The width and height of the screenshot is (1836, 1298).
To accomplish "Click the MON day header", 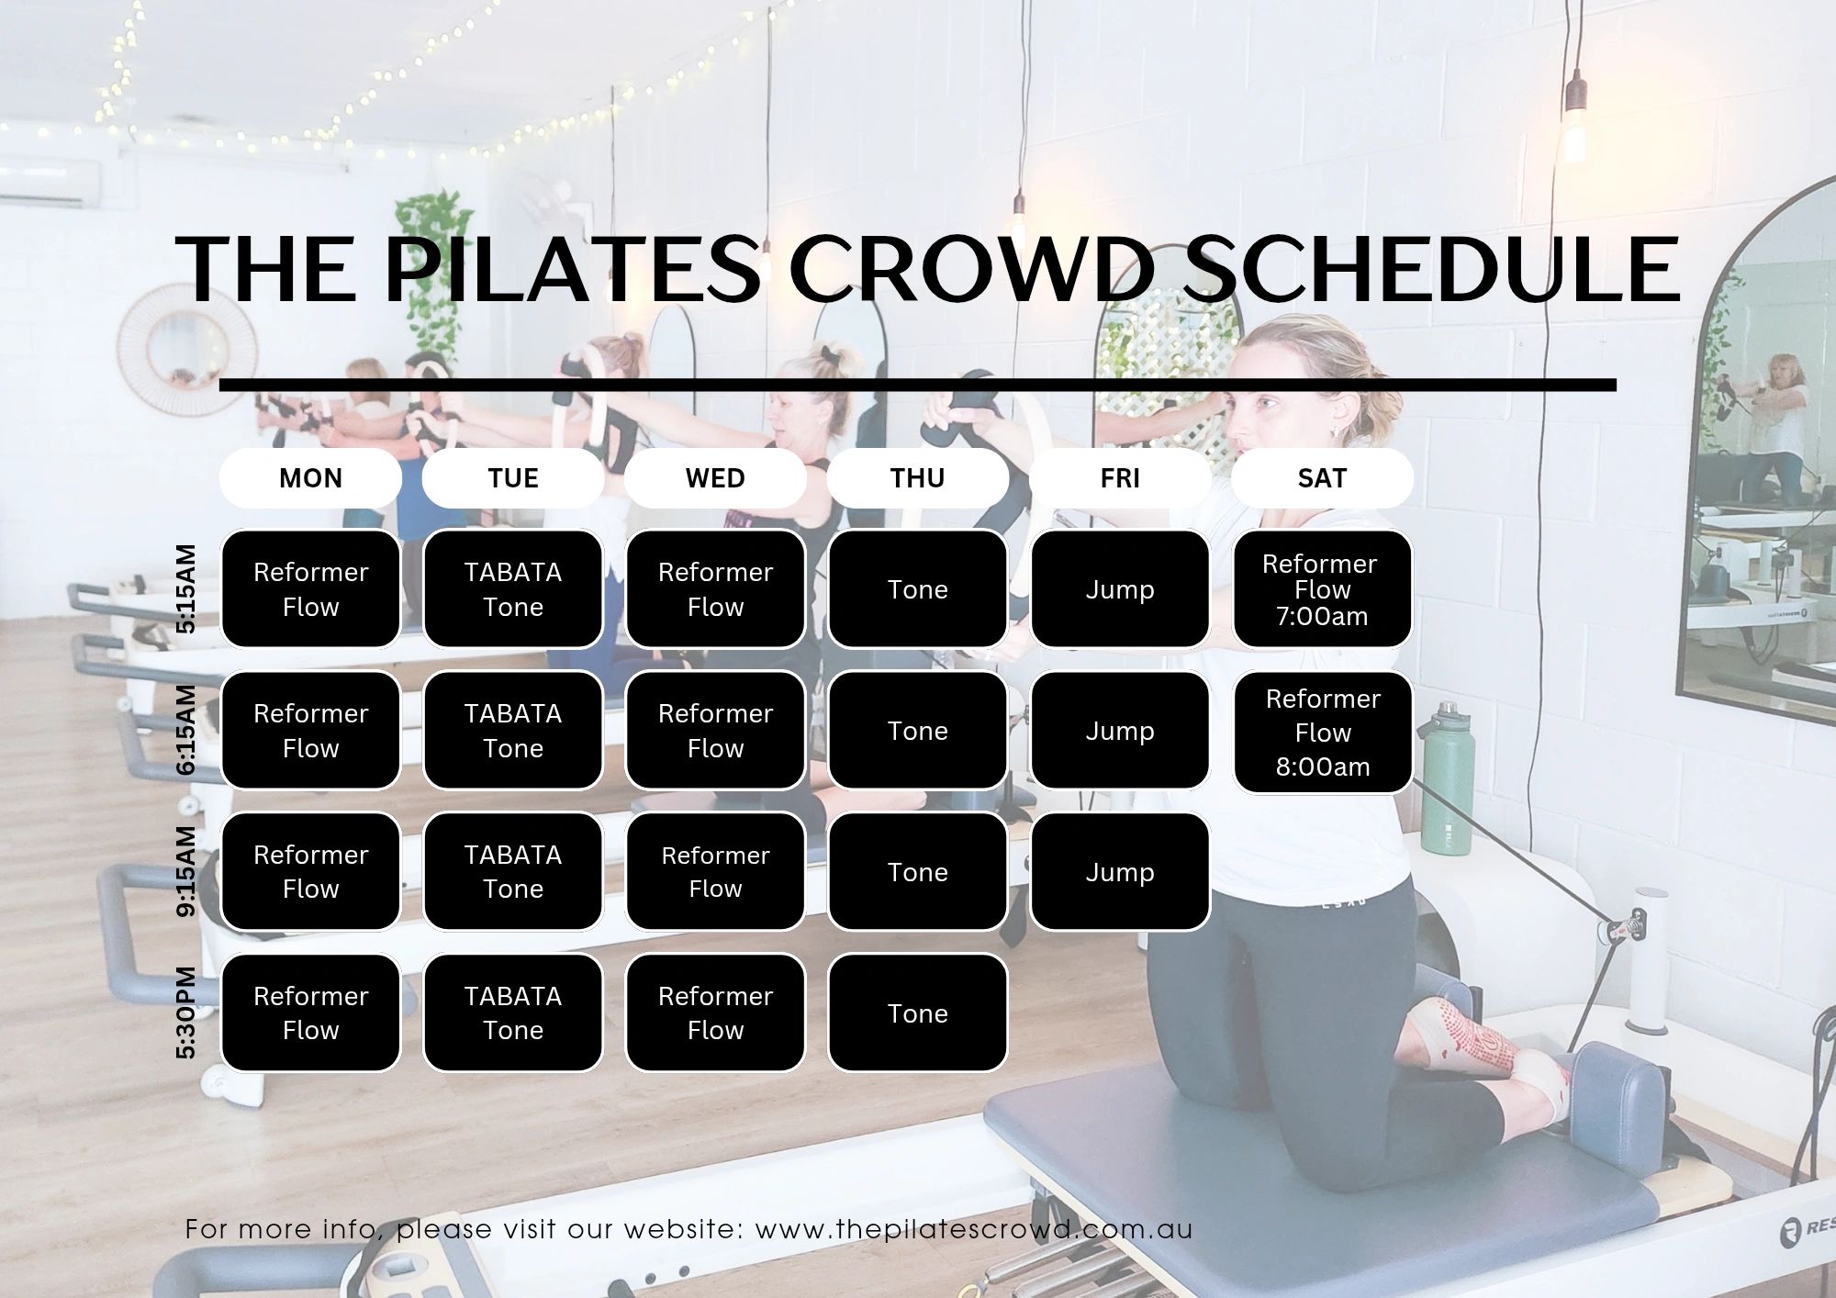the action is coord(310,478).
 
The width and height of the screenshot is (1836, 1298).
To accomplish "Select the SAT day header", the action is coord(1322,478).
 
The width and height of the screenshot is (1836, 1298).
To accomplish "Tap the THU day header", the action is coord(917,478).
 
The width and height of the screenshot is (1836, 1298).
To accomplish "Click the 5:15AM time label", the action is coord(186,588).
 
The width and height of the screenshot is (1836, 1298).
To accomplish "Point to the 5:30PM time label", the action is coord(186,1013).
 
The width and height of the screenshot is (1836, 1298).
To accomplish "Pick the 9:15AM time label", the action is coord(186,871).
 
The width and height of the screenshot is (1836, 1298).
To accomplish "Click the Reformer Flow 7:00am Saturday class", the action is coord(1322,589).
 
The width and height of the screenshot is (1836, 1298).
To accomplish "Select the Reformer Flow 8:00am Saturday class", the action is coord(1322,732).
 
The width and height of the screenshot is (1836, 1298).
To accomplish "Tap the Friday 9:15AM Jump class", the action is coord(1120,872).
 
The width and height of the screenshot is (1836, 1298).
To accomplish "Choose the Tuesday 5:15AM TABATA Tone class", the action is coord(513,589).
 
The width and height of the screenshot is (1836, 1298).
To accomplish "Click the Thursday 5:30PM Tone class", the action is coord(917,1013).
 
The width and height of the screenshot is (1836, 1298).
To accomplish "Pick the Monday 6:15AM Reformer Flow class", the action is coord(310,731).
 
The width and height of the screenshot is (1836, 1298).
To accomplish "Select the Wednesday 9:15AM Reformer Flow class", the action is coord(715,872).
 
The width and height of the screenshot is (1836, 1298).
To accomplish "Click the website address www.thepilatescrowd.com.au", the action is coord(974,1229).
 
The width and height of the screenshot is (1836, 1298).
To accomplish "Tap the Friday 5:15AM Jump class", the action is coord(1120,589).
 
